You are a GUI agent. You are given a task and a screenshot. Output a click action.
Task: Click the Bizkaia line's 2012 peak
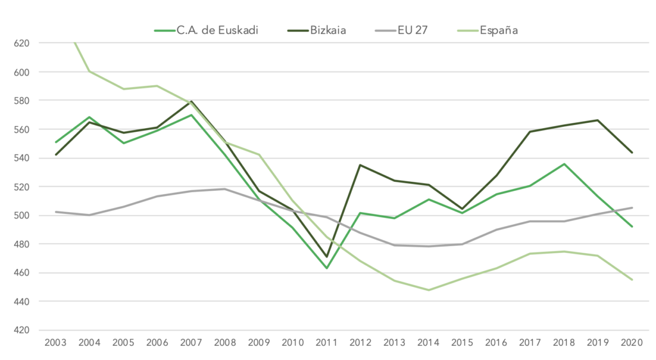coord(360,165)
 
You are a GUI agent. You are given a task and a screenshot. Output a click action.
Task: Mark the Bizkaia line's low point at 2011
coord(327,257)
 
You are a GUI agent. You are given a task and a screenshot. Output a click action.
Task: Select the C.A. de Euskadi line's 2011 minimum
coord(327,268)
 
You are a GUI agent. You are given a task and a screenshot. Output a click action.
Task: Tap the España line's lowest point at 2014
coord(428,290)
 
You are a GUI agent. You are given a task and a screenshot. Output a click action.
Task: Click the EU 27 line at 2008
coord(225,189)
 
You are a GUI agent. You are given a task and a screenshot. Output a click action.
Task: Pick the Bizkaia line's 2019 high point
coord(598,120)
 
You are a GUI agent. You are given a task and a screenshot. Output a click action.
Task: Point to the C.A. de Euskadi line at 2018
coord(564,164)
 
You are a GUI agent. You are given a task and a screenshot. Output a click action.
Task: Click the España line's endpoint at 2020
coord(632,279)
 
